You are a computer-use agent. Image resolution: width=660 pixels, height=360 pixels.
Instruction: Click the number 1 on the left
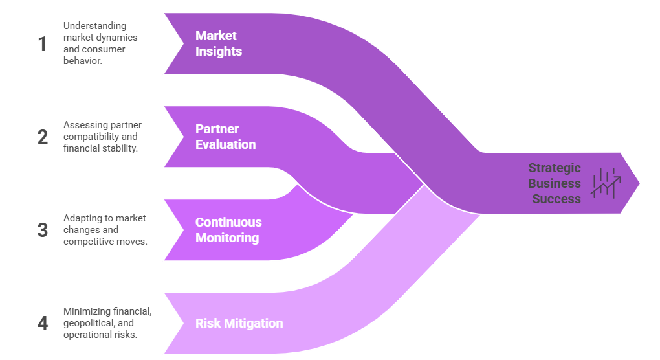(x=43, y=44)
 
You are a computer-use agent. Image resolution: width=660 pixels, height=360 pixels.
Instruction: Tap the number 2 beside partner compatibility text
(x=43, y=137)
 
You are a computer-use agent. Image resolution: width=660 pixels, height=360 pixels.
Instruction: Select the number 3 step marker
(x=43, y=231)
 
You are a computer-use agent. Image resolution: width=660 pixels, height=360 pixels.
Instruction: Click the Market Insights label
(x=219, y=43)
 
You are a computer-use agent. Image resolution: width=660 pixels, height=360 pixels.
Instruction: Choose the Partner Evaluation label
(x=225, y=137)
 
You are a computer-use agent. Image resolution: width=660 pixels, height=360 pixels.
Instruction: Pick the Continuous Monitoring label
(x=228, y=230)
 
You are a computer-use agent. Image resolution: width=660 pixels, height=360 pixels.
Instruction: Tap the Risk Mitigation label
(x=239, y=323)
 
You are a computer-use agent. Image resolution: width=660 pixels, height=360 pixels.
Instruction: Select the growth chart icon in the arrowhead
(x=606, y=183)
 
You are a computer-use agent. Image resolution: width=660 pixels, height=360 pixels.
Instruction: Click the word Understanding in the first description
(x=94, y=26)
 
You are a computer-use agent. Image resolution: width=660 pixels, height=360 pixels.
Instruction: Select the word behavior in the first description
(x=82, y=62)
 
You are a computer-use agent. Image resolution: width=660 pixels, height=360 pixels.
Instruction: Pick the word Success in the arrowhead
(x=556, y=199)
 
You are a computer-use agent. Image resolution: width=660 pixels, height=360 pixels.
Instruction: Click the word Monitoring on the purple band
(x=227, y=238)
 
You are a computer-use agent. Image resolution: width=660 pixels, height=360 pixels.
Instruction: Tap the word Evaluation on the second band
(x=225, y=144)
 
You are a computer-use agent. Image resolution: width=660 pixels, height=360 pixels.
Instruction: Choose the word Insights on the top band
(x=219, y=51)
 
